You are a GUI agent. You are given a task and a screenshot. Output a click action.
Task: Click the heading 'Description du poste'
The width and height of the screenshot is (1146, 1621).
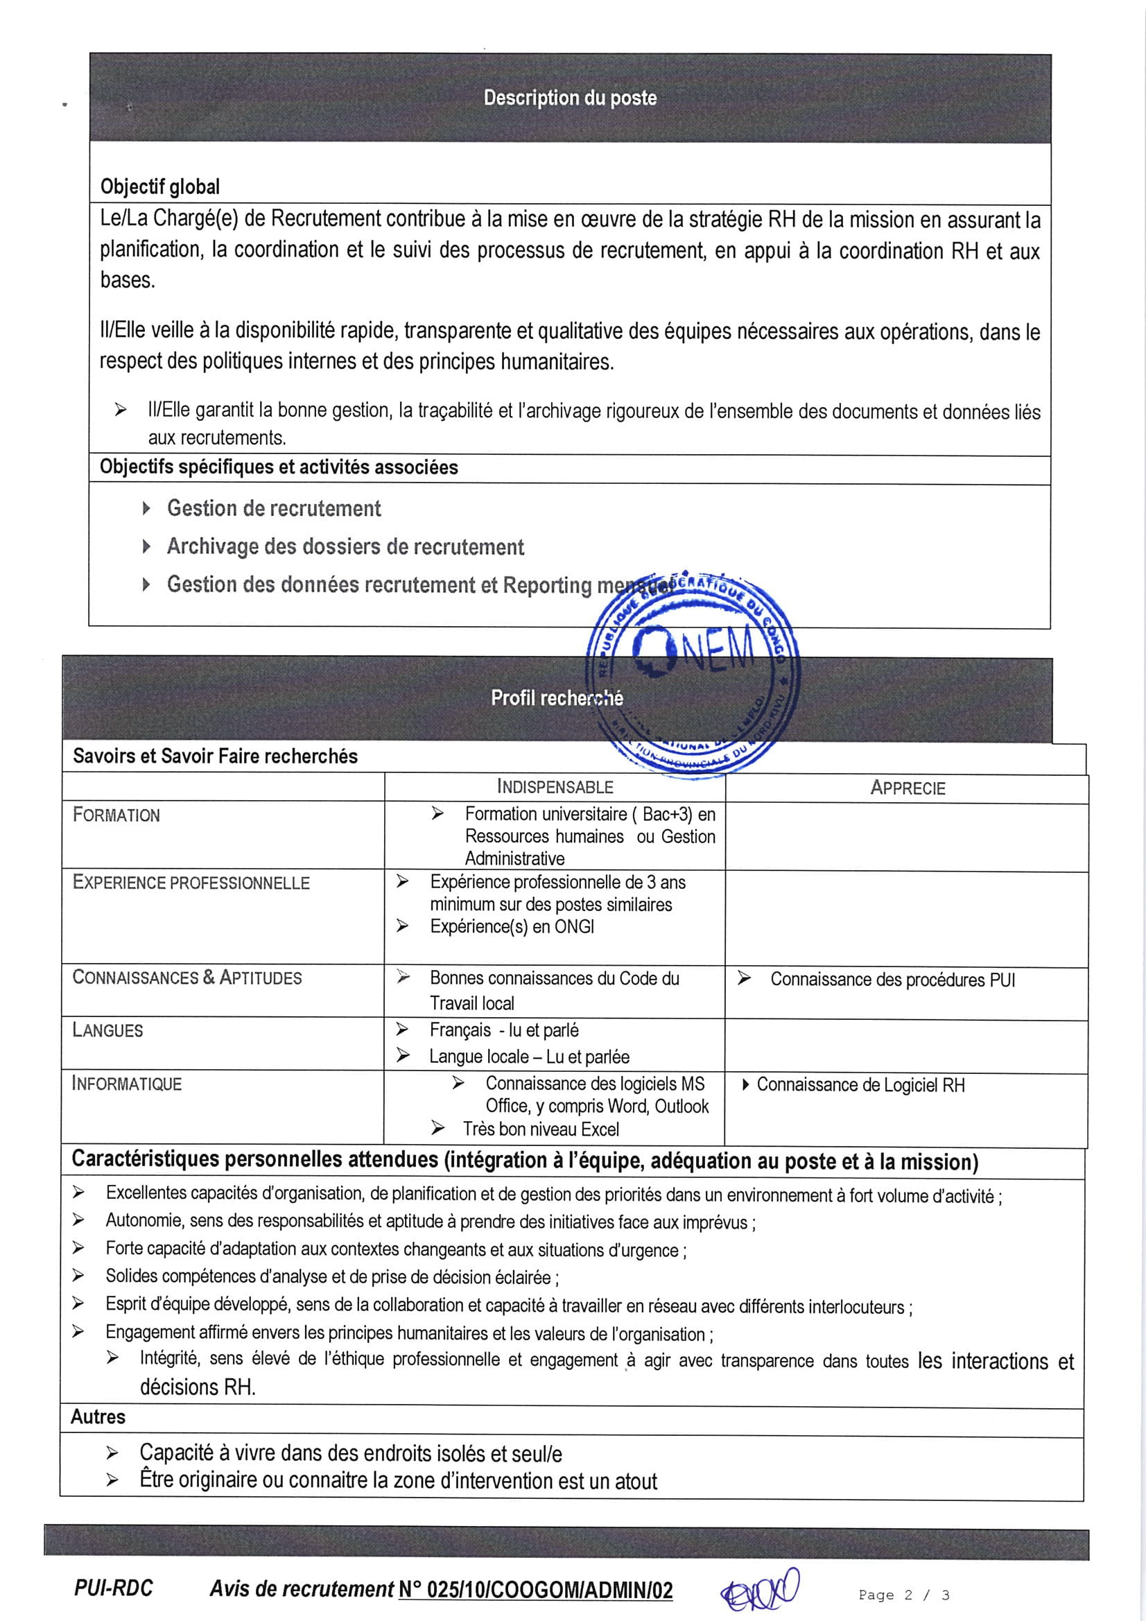point(570,98)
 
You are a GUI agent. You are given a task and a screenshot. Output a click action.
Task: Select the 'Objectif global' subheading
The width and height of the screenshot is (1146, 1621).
point(159,187)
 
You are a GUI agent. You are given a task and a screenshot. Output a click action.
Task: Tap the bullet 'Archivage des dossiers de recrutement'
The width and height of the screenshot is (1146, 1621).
point(345,546)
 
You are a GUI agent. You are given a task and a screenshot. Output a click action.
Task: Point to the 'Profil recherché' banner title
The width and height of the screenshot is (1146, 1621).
point(557,697)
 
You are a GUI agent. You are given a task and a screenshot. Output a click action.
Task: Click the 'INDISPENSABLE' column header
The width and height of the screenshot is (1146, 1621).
point(555,786)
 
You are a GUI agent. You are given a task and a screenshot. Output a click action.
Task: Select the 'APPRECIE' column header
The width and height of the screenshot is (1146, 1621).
point(908,788)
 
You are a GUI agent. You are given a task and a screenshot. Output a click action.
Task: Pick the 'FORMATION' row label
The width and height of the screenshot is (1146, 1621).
point(116,815)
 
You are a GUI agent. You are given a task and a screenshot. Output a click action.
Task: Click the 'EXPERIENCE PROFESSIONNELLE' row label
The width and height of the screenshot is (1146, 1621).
point(191,883)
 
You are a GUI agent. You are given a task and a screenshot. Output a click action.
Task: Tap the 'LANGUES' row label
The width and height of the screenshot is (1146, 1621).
point(107,1031)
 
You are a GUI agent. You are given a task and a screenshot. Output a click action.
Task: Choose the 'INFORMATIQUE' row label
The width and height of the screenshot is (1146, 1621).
point(126,1084)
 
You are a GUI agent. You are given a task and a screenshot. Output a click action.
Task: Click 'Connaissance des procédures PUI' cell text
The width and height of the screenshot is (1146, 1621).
point(892,980)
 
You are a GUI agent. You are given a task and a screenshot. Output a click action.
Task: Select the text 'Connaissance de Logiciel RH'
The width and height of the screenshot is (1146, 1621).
point(860,1085)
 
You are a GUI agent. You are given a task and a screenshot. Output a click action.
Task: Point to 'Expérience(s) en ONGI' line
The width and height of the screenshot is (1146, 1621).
point(512,926)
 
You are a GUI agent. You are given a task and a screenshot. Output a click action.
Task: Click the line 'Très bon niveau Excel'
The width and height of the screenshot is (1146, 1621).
point(541,1129)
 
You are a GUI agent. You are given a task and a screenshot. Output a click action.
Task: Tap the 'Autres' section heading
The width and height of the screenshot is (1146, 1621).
point(98,1417)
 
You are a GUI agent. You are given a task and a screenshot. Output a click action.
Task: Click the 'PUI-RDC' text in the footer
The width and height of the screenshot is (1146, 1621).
point(113,1588)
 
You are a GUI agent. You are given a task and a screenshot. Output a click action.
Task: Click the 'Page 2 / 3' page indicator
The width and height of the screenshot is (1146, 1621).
point(904,1595)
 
